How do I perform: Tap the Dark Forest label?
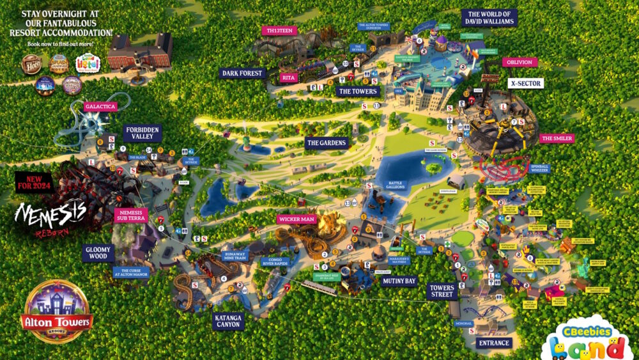pyautogui.click(x=242, y=74)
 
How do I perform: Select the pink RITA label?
pyautogui.click(x=289, y=77)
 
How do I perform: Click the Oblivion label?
pyautogui.click(x=520, y=62)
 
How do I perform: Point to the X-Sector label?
pyautogui.click(x=526, y=83)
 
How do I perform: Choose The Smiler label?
pyautogui.click(x=557, y=138)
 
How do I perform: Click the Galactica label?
pyautogui.click(x=100, y=106)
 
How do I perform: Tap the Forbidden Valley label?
pyautogui.click(x=142, y=133)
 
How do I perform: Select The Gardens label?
pyautogui.click(x=326, y=142)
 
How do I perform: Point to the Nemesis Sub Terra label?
pyautogui.click(x=131, y=215)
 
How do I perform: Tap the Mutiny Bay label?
pyautogui.click(x=399, y=280)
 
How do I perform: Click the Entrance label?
pyautogui.click(x=494, y=343)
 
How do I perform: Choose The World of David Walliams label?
pyautogui.click(x=489, y=17)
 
